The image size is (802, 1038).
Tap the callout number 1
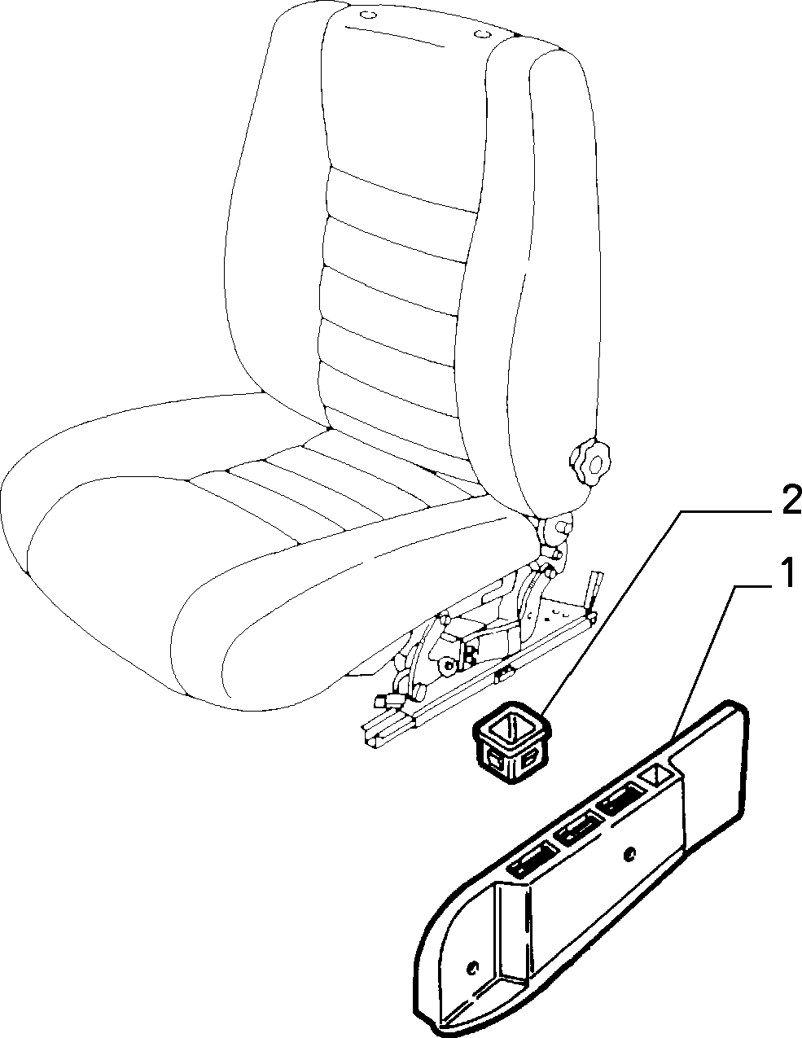click(x=787, y=572)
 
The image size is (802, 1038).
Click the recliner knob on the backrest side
click(x=591, y=463)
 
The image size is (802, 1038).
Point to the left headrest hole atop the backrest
click(x=367, y=15)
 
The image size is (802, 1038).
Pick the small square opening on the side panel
click(x=657, y=775)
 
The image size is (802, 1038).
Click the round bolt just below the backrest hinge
click(x=563, y=525)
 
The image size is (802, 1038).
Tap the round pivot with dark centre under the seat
click(x=449, y=667)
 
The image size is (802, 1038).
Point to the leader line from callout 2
click(x=611, y=611)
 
